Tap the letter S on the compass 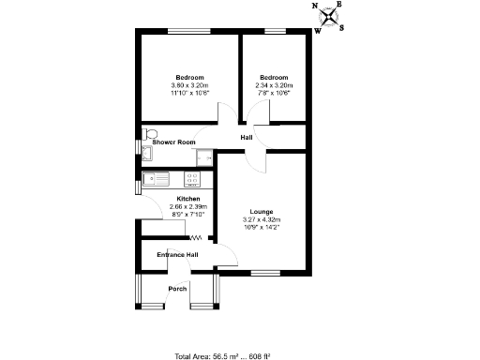[342, 27]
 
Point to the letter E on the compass [338, 5]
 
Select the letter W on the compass [318, 30]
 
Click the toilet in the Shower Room [149, 132]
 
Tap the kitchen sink [155, 177]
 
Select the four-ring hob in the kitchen [194, 177]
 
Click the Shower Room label [173, 142]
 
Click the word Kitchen [188, 199]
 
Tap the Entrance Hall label [177, 255]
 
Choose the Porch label [177, 289]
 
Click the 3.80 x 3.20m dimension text [189, 85]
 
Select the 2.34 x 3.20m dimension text [274, 85]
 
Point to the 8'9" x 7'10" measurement [188, 214]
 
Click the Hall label [246, 138]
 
